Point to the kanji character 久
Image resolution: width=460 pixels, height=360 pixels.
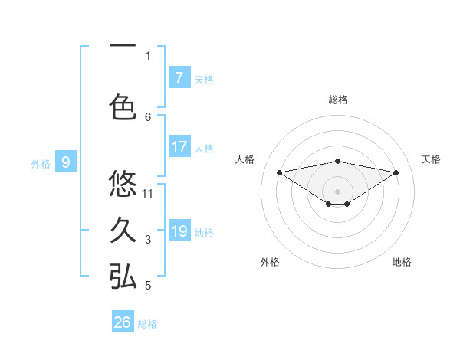click(x=123, y=230)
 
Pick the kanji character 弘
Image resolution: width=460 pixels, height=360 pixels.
click(x=123, y=277)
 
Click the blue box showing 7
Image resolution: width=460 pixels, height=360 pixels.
click(x=179, y=78)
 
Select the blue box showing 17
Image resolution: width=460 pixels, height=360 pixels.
click(x=179, y=147)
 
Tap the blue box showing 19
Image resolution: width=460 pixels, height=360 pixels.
click(x=179, y=231)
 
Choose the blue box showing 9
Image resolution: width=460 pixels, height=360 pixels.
click(x=66, y=162)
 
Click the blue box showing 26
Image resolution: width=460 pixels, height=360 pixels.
click(x=123, y=322)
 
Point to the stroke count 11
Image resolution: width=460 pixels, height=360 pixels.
click(x=149, y=193)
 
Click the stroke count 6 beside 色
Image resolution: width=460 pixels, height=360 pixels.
click(x=148, y=116)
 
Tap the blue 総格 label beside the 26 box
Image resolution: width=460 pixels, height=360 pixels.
click(x=147, y=324)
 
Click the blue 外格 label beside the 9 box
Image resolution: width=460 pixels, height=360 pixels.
click(x=41, y=163)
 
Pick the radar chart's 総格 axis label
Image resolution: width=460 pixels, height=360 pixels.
click(x=337, y=100)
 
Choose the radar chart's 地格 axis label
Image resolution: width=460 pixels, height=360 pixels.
click(x=402, y=263)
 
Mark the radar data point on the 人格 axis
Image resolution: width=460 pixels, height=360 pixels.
click(x=279, y=172)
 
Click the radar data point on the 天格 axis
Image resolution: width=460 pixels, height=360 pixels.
click(x=396, y=172)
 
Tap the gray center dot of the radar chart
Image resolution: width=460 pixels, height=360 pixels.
click(x=337, y=191)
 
